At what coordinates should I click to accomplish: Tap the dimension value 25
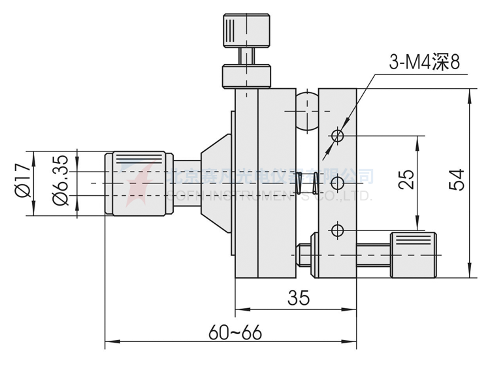pos(406,179)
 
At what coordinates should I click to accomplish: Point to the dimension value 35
pos(298,298)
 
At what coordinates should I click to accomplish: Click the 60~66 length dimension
pos(235,331)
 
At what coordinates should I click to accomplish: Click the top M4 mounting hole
pos(338,136)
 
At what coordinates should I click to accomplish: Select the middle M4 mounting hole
pos(338,183)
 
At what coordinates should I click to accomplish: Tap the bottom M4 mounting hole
pos(338,230)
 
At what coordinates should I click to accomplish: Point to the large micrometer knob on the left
pos(139,182)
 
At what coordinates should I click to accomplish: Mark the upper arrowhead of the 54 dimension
pos(469,93)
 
